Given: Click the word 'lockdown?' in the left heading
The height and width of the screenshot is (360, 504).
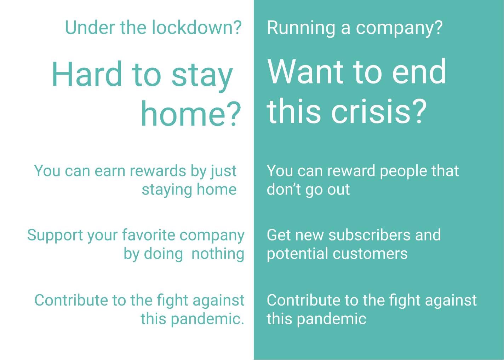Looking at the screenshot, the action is point(197,28).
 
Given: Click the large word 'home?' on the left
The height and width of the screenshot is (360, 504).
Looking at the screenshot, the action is point(191,114).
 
